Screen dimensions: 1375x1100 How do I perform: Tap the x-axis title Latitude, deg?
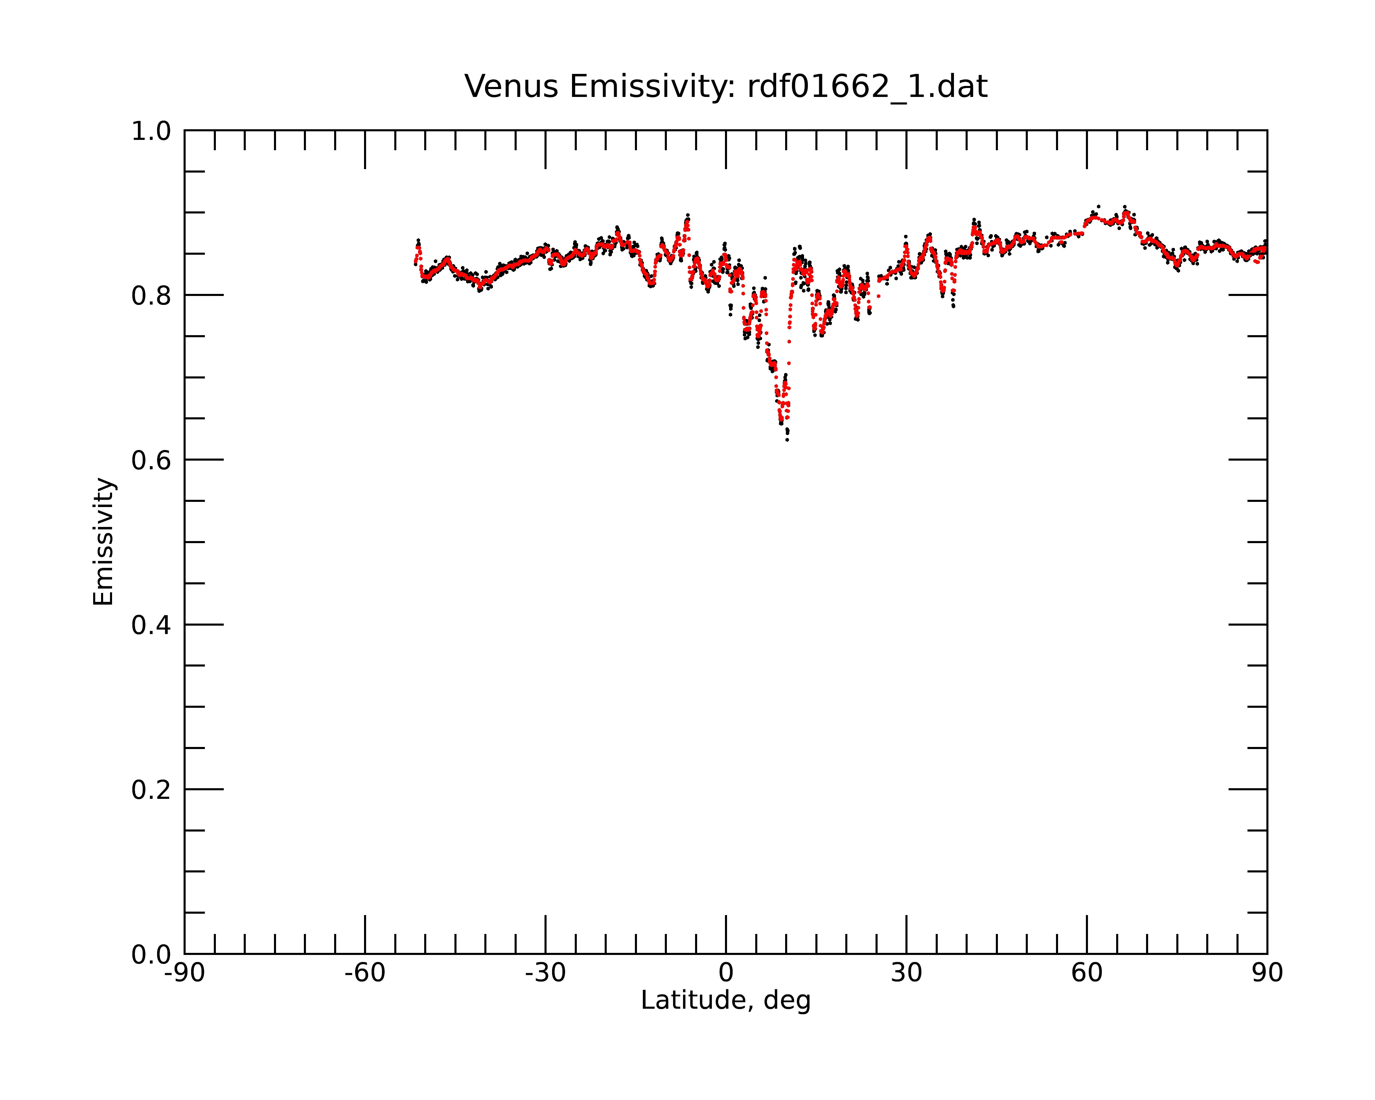(x=726, y=1001)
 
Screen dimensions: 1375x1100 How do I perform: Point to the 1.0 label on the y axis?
(x=151, y=132)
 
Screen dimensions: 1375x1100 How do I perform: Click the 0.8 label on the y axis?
(x=151, y=296)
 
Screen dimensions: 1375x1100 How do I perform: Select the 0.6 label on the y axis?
(x=151, y=460)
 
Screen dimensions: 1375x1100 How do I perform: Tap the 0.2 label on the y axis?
(x=151, y=790)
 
